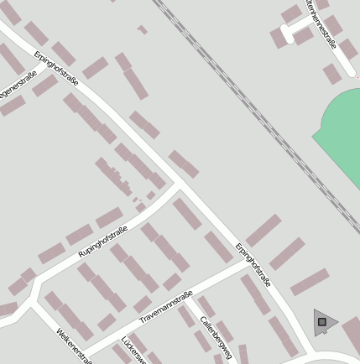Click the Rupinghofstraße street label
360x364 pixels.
(x=102, y=242)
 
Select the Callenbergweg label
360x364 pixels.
(x=216, y=336)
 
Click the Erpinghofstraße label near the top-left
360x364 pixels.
(x=56, y=69)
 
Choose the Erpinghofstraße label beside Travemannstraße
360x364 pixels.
(x=253, y=265)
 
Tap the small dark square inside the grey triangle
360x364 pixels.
(x=321, y=321)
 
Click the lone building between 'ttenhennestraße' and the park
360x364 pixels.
(x=332, y=74)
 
